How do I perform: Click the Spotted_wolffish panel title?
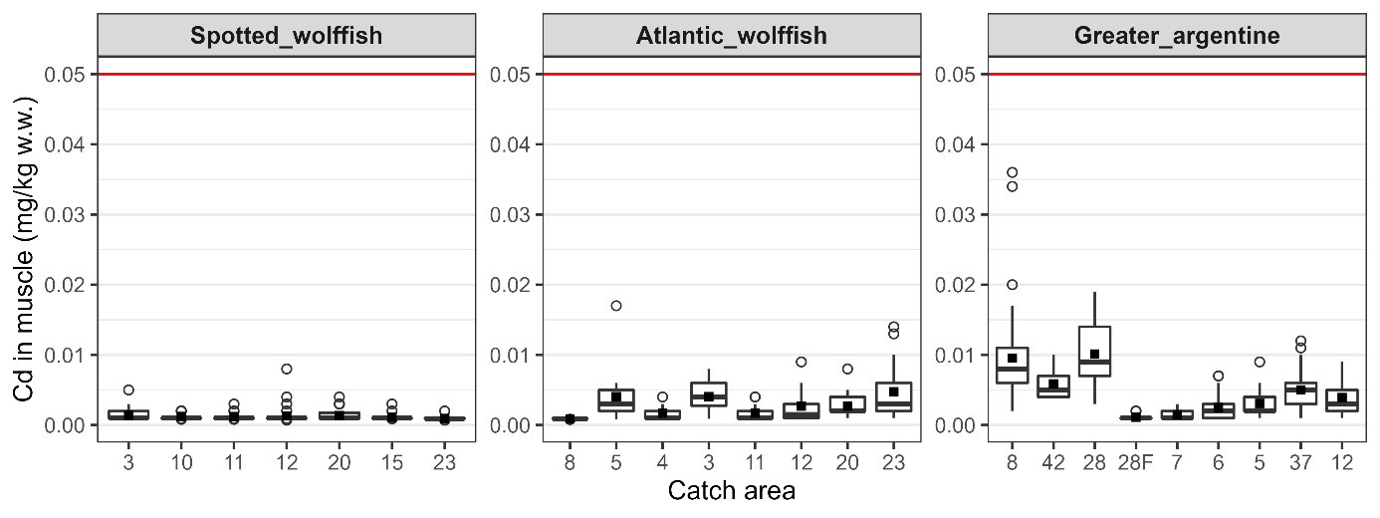point(287,38)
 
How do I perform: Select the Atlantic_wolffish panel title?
point(732,38)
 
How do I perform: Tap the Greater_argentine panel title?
point(1176,38)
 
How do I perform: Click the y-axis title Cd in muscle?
point(24,249)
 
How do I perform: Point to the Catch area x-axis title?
point(732,491)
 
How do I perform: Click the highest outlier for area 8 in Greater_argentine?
point(1012,172)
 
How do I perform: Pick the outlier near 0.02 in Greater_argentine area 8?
point(1012,285)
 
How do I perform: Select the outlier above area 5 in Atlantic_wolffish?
point(616,306)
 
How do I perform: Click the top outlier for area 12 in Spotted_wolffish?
point(286,369)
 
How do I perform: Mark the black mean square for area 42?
point(1053,385)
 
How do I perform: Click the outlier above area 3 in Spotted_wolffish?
point(128,389)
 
